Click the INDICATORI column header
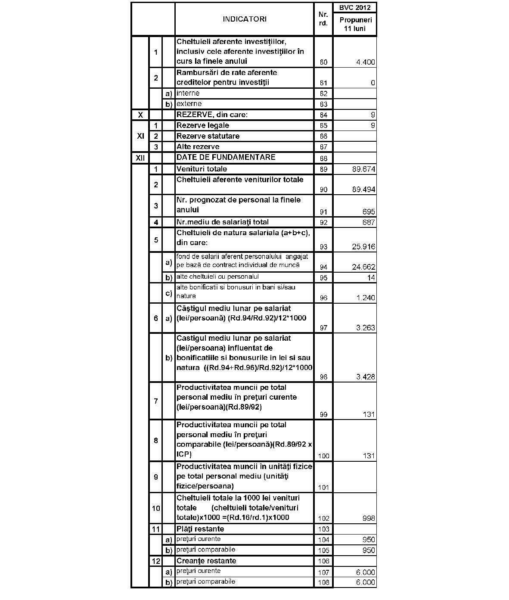click(244, 19)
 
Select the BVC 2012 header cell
click(355, 7)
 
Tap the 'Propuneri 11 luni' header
click(355, 24)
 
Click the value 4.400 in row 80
click(366, 62)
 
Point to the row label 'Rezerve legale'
click(203, 125)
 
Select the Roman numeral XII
click(140, 158)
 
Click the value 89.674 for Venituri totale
click(363, 169)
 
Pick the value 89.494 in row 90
click(363, 190)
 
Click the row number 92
click(323, 223)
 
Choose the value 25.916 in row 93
click(363, 247)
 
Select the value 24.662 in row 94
click(363, 267)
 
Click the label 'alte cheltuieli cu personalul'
click(217, 277)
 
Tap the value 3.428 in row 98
click(366, 377)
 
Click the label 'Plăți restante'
click(200, 529)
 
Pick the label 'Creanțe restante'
click(206, 561)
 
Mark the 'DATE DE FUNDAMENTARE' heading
click(226, 157)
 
